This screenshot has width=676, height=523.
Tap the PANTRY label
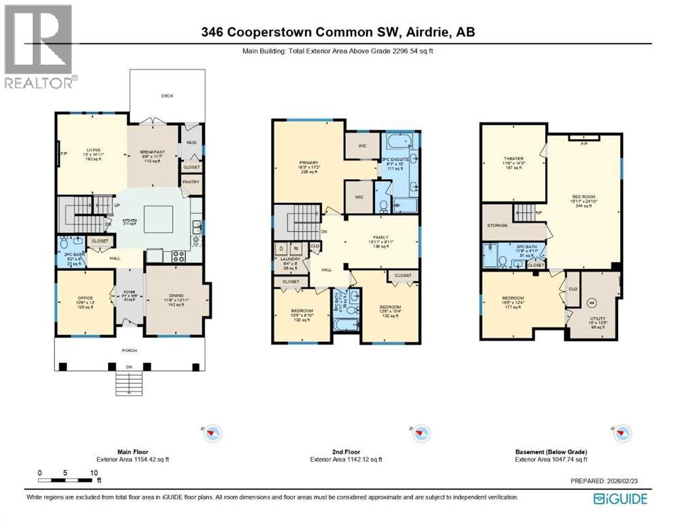click(x=191, y=183)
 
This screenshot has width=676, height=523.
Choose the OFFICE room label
click(x=84, y=295)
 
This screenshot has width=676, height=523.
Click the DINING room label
click(x=174, y=295)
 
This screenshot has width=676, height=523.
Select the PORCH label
click(x=129, y=350)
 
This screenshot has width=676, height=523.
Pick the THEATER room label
click(x=513, y=159)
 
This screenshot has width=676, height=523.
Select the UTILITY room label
click(x=594, y=318)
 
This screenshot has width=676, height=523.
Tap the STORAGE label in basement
click(x=498, y=225)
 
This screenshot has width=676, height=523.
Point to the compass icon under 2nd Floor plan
click(x=419, y=432)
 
